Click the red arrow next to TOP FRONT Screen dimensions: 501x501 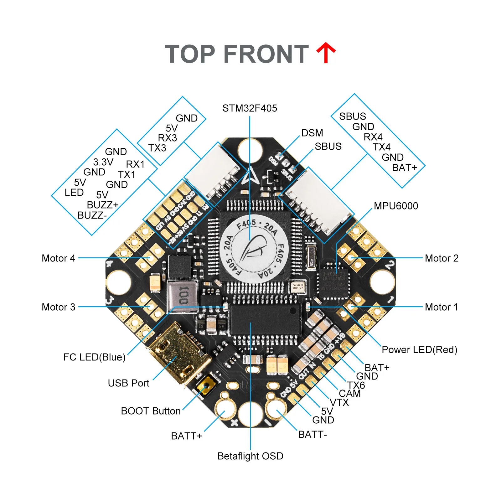pos(326,53)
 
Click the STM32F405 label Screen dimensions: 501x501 pos(250,108)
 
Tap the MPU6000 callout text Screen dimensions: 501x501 pos(396,206)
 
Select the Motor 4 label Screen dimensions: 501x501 pos(59,258)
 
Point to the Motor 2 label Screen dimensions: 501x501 pos(442,258)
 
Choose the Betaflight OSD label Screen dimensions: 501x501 pos(250,456)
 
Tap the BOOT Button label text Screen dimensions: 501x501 pos(151,411)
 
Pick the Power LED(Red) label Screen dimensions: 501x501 pos(419,350)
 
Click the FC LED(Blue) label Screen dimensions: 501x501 pos(94,357)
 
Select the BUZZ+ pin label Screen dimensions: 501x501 pos(103,205)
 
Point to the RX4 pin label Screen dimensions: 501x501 pos(373,137)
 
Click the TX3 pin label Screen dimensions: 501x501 pos(157,148)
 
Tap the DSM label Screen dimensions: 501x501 pos(312,133)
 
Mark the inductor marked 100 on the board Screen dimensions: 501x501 pos(183,296)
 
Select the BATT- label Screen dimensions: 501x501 pos(312,435)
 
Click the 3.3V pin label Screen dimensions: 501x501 pos(103,162)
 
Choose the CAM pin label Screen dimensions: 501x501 pos(350,394)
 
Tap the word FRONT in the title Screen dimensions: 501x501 pos(266,54)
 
